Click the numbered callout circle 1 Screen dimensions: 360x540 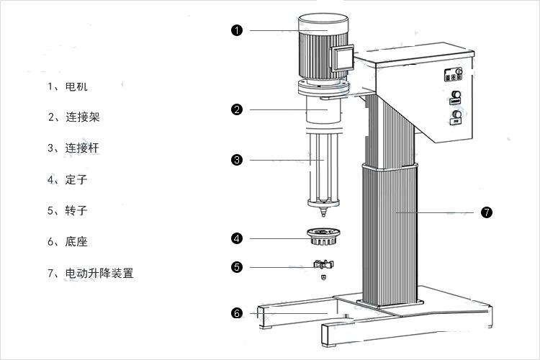[x=236, y=30]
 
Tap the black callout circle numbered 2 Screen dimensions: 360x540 [x=236, y=109]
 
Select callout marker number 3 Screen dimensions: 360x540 [x=236, y=160]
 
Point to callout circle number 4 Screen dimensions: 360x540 [x=236, y=238]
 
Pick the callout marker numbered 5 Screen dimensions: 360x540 [x=236, y=267]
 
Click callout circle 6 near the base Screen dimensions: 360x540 [x=236, y=313]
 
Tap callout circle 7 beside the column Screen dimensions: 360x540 [x=487, y=212]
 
